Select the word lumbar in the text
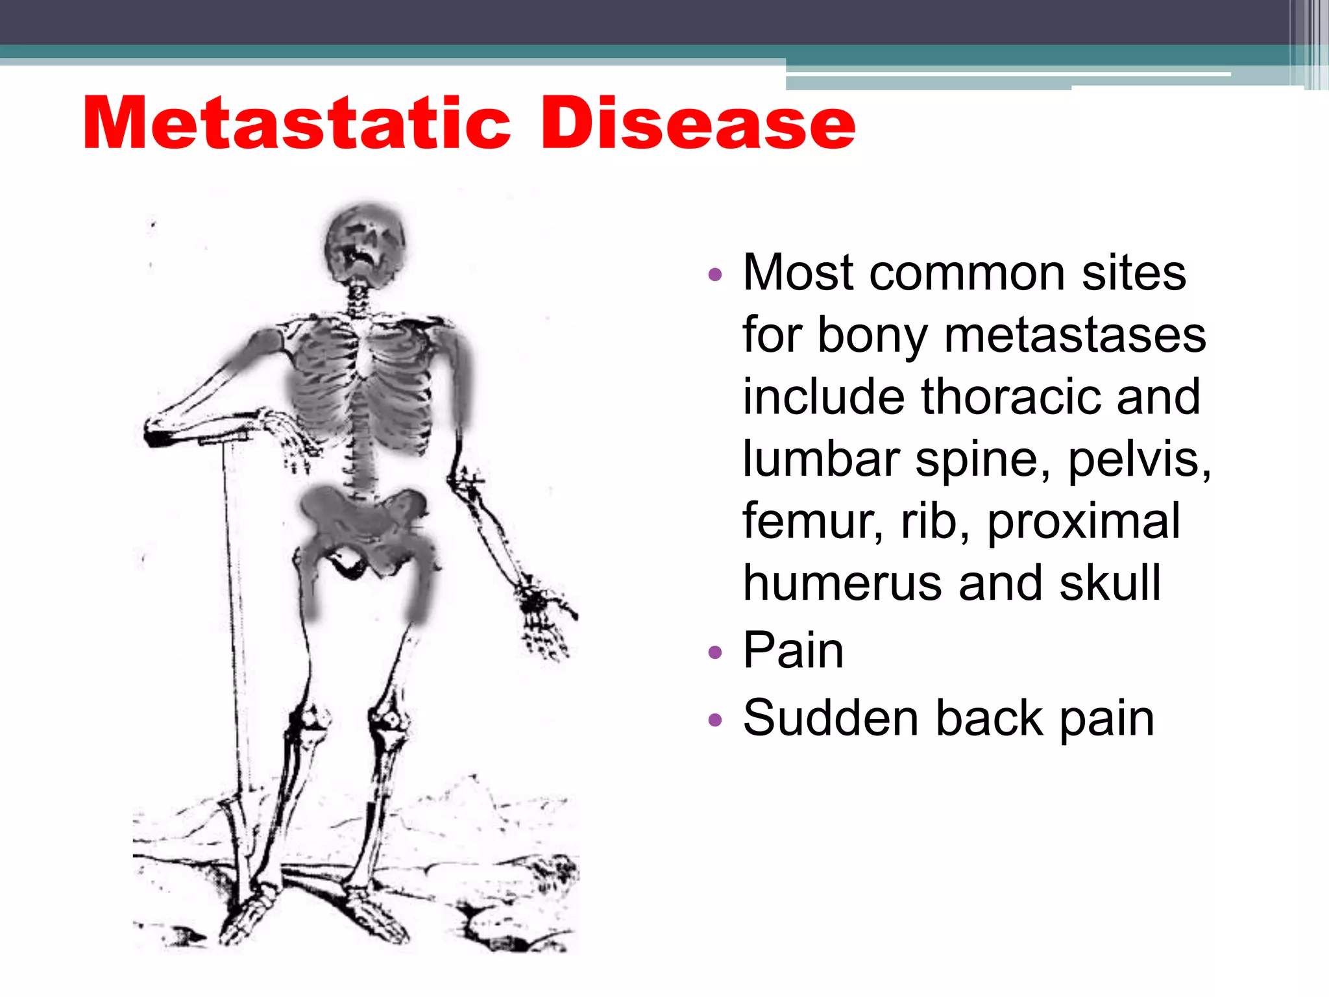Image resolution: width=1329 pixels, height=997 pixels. [x=822, y=459]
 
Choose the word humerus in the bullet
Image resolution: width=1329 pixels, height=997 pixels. [x=844, y=583]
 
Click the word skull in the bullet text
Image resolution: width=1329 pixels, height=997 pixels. [x=1110, y=583]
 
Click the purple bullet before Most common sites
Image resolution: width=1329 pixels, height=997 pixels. [x=715, y=275]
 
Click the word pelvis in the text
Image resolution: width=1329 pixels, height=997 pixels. [x=1140, y=459]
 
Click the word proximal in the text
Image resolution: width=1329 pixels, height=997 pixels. [x=1084, y=521]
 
